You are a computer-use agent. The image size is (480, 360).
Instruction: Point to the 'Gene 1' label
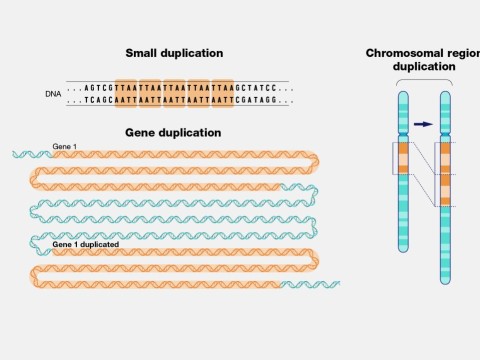[64, 146]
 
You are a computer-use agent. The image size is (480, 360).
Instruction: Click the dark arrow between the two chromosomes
[424, 124]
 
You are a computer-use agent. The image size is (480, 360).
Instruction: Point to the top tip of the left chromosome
[403, 93]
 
